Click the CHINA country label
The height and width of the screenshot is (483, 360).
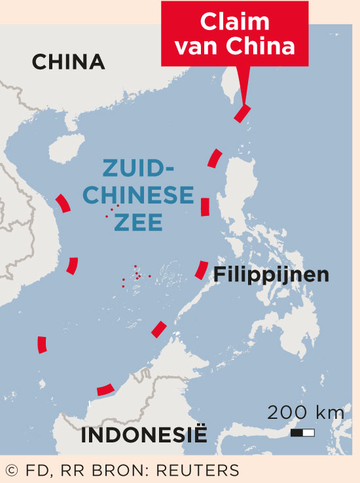point(69,62)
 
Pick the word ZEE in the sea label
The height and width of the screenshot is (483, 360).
point(138,223)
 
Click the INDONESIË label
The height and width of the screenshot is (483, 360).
point(143,435)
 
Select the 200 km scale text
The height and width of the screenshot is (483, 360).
point(305,412)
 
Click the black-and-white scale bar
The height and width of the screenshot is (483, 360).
point(303,433)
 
